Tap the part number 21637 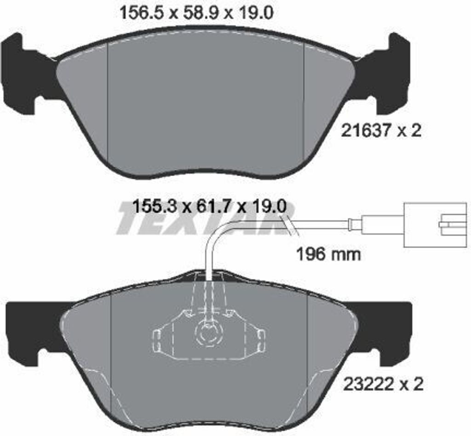tap(365, 131)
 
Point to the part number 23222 tap(368, 384)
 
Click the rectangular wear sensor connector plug tap(436, 225)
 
